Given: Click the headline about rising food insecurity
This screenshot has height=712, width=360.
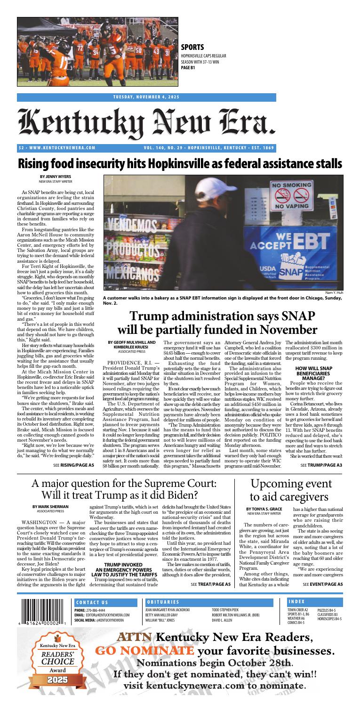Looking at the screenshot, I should (x=180, y=162).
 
